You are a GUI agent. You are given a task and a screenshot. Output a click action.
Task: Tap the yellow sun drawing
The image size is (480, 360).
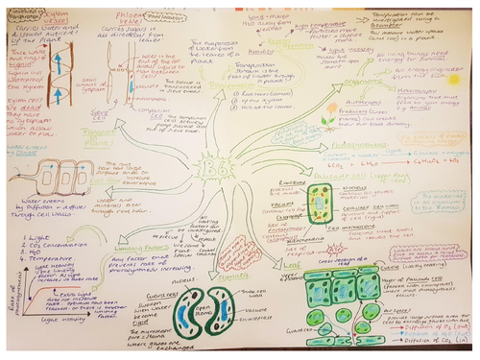pyautogui.click(x=452, y=80)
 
